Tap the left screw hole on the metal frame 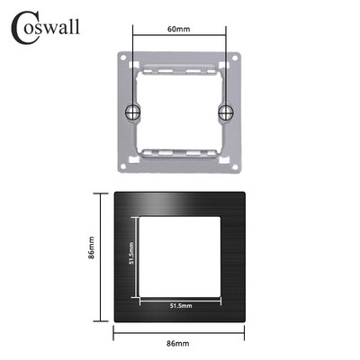click(x=133, y=112)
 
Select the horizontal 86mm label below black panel click(x=178, y=343)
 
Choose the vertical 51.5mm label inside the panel click(x=131, y=256)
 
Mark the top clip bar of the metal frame click(x=178, y=66)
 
